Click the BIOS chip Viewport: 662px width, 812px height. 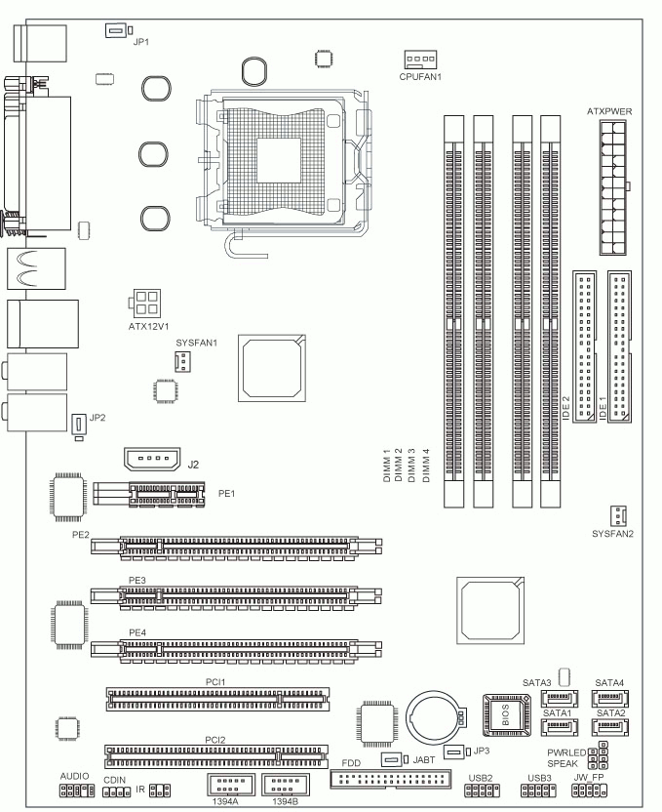pyautogui.click(x=504, y=710)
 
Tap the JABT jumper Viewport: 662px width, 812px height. pyautogui.click(x=390, y=758)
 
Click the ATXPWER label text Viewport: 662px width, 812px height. pyautogui.click(x=610, y=112)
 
